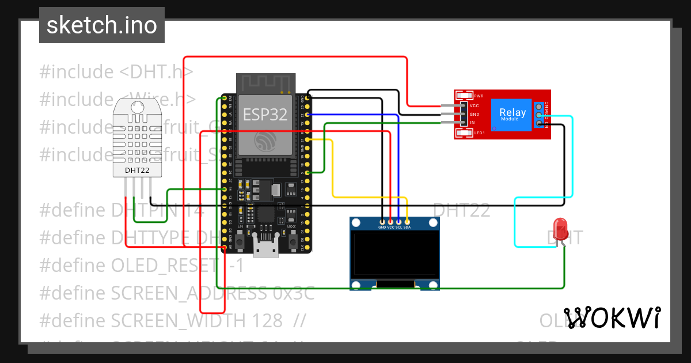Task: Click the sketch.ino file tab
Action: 101,25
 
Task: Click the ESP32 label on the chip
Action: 265,114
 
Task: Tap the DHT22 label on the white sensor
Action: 138,171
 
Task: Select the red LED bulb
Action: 559,229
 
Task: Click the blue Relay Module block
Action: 512,114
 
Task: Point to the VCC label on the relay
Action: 474,106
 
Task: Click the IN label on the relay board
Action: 473,123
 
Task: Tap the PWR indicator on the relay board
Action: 479,96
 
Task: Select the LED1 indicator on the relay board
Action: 479,133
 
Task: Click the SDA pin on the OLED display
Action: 407,221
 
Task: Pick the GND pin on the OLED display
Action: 382,221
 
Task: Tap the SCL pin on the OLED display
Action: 399,221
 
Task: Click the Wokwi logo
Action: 612,318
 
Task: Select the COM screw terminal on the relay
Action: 538,115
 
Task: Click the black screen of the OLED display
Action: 394,254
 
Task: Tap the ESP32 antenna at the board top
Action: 265,83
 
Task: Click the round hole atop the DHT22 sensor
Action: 137,107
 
